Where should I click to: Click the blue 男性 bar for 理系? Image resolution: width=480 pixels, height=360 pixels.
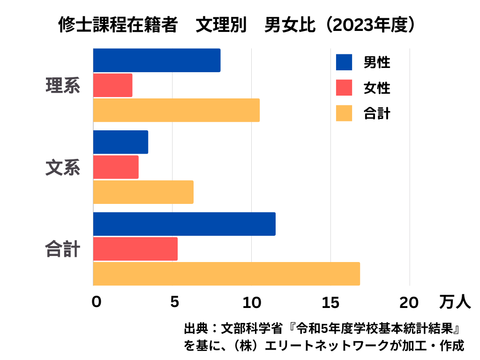pos(157,60)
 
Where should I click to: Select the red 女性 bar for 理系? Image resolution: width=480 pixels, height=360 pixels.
pos(112,85)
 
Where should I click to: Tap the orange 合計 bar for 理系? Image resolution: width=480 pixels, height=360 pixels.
pos(176,110)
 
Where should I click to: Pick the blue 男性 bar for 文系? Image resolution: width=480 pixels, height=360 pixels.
pos(120,142)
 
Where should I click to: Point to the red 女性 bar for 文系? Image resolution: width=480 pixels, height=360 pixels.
pos(116,167)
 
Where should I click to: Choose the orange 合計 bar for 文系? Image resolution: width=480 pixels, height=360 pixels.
pos(143,192)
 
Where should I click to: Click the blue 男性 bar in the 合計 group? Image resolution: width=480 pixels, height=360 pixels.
pos(184,224)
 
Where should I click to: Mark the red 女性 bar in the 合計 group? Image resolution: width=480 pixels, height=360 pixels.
pos(135,249)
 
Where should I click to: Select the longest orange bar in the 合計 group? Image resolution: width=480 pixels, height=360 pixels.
pos(226,274)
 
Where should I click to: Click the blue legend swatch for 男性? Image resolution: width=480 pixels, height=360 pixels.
pos(344,62)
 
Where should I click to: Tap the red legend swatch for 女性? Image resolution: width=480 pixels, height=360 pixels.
pos(344,88)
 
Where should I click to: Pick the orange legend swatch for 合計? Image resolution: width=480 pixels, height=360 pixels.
pos(344,113)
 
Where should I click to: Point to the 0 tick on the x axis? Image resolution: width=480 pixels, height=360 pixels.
pos(96,303)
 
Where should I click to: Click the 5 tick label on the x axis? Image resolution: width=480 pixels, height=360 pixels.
pos(174,303)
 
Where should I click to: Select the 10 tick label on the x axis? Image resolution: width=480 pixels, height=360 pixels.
pos(252,303)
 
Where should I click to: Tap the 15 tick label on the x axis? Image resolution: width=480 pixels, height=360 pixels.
pos(331,303)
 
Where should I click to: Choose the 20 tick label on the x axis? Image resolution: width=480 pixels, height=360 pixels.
pos(409,303)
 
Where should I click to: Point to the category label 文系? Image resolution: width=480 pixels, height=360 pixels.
pos(63,168)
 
